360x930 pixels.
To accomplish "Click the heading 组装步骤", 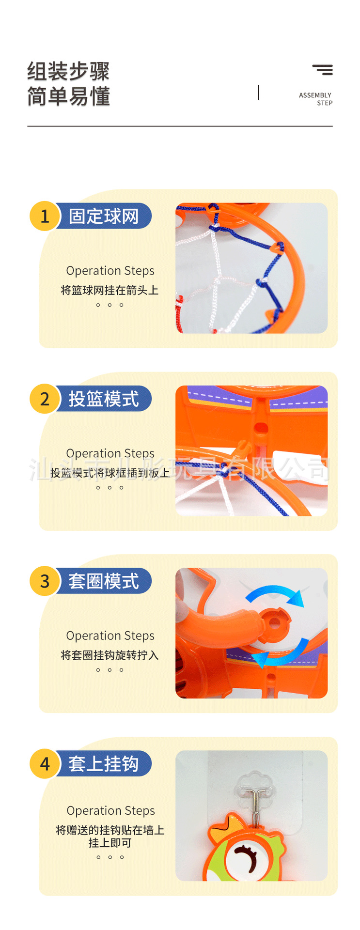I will (x=68, y=72).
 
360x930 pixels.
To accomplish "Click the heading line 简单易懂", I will (x=68, y=96).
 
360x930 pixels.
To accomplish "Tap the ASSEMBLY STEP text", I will (x=315, y=99).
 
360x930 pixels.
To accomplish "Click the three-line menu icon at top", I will (x=323, y=70).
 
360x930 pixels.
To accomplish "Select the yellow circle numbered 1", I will (x=45, y=216).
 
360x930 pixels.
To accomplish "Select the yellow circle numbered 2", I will (x=45, y=399).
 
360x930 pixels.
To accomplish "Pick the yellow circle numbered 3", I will (x=45, y=581).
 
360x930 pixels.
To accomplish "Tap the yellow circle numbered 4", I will (x=45, y=764).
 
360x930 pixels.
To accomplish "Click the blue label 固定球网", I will (x=104, y=216).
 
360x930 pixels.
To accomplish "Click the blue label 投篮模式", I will (x=104, y=399).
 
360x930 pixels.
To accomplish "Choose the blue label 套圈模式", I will (x=104, y=581).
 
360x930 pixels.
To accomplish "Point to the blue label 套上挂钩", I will (x=104, y=764).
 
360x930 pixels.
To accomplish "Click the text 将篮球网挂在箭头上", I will (x=110, y=290).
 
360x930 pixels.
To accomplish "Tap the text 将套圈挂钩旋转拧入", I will (x=110, y=655).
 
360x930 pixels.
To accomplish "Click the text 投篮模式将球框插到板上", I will (x=110, y=473).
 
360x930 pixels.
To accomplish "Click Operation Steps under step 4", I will (x=110, y=810).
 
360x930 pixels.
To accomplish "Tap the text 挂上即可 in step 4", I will (x=110, y=843).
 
